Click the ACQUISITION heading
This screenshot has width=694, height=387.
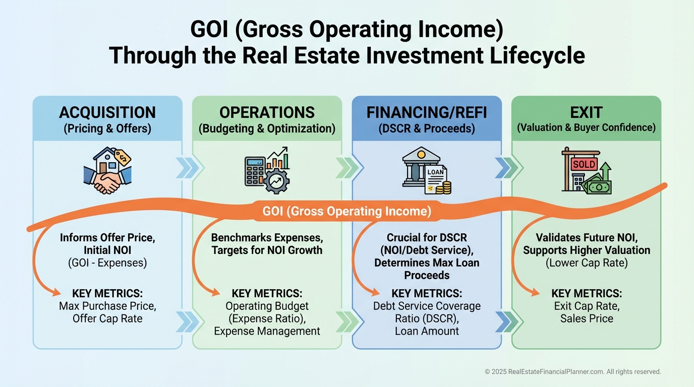[107, 112]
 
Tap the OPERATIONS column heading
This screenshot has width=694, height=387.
[267, 112]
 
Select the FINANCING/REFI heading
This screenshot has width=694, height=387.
[427, 112]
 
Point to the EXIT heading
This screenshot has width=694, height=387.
[586, 112]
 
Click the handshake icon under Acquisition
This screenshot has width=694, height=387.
[107, 181]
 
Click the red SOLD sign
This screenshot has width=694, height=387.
[584, 164]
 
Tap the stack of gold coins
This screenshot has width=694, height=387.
[444, 188]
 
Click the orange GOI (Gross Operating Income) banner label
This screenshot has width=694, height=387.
[346, 211]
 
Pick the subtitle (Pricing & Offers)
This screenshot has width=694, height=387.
[107, 128]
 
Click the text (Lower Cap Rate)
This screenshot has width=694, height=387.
[587, 263]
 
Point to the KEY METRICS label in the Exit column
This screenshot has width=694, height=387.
[587, 293]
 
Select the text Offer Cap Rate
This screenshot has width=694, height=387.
[107, 318]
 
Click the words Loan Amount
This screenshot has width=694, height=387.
[427, 331]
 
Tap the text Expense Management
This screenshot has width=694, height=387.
[267, 331]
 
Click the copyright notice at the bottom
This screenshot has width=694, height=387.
[573, 371]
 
